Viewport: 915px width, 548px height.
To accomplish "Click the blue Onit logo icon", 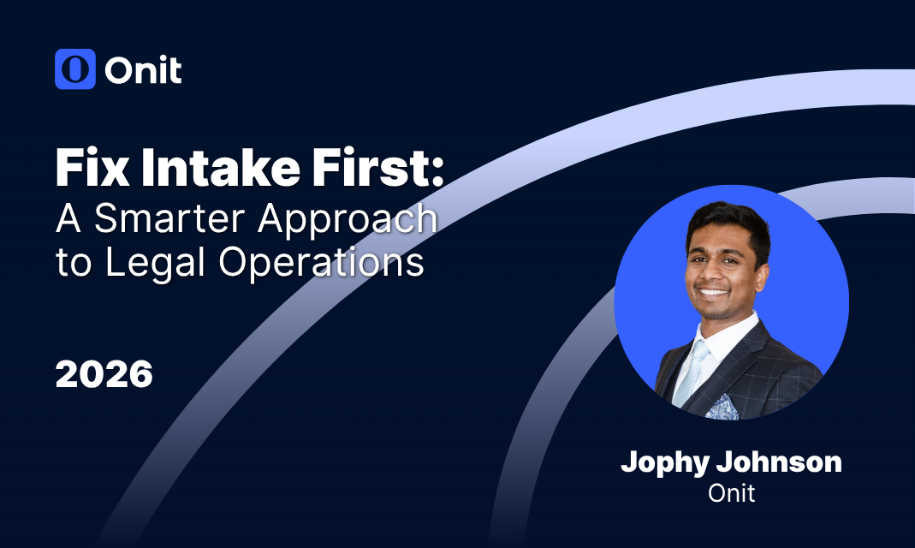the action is pos(75,68).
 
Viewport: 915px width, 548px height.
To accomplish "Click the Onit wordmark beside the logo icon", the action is pos(144,70).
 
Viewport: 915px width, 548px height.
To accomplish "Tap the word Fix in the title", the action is pos(92,168).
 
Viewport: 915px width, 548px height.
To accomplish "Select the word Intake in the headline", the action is pos(221,168).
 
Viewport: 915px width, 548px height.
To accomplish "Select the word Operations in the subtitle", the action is pos(321,264).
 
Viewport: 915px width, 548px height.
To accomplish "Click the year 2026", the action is pos(104,374).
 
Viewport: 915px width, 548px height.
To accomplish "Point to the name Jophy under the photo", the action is pos(665,463).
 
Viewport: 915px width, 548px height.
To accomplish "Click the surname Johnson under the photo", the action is pos(779,462).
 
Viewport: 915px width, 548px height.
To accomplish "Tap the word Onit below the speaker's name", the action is pos(731,494).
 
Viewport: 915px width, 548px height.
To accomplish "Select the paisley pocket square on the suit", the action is pos(723,408).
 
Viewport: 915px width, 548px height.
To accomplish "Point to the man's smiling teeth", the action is pos(713,290).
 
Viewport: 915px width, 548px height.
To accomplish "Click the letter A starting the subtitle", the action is pos(68,218).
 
